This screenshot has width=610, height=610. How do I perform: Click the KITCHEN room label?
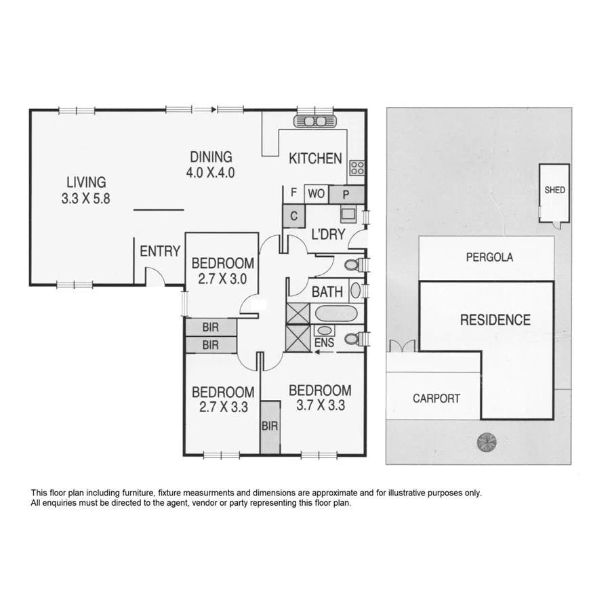(x=315, y=159)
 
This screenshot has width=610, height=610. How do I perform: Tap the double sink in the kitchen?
(x=314, y=121)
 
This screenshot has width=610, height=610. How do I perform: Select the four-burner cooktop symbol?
(x=357, y=168)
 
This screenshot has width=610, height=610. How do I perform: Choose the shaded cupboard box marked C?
(x=293, y=216)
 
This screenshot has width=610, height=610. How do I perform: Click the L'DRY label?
(x=328, y=235)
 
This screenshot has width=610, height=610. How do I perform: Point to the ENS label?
(x=325, y=343)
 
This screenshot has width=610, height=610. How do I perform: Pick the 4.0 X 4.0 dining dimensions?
(x=210, y=172)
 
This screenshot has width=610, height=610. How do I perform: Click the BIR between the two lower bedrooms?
(x=270, y=427)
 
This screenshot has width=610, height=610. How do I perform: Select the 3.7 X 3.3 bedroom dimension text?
(x=320, y=407)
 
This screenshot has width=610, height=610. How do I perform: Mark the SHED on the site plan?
(x=554, y=190)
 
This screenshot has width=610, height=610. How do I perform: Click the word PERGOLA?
(x=489, y=258)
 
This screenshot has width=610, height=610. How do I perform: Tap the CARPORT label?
(x=436, y=399)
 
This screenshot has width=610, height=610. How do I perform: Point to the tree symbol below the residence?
(x=486, y=443)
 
